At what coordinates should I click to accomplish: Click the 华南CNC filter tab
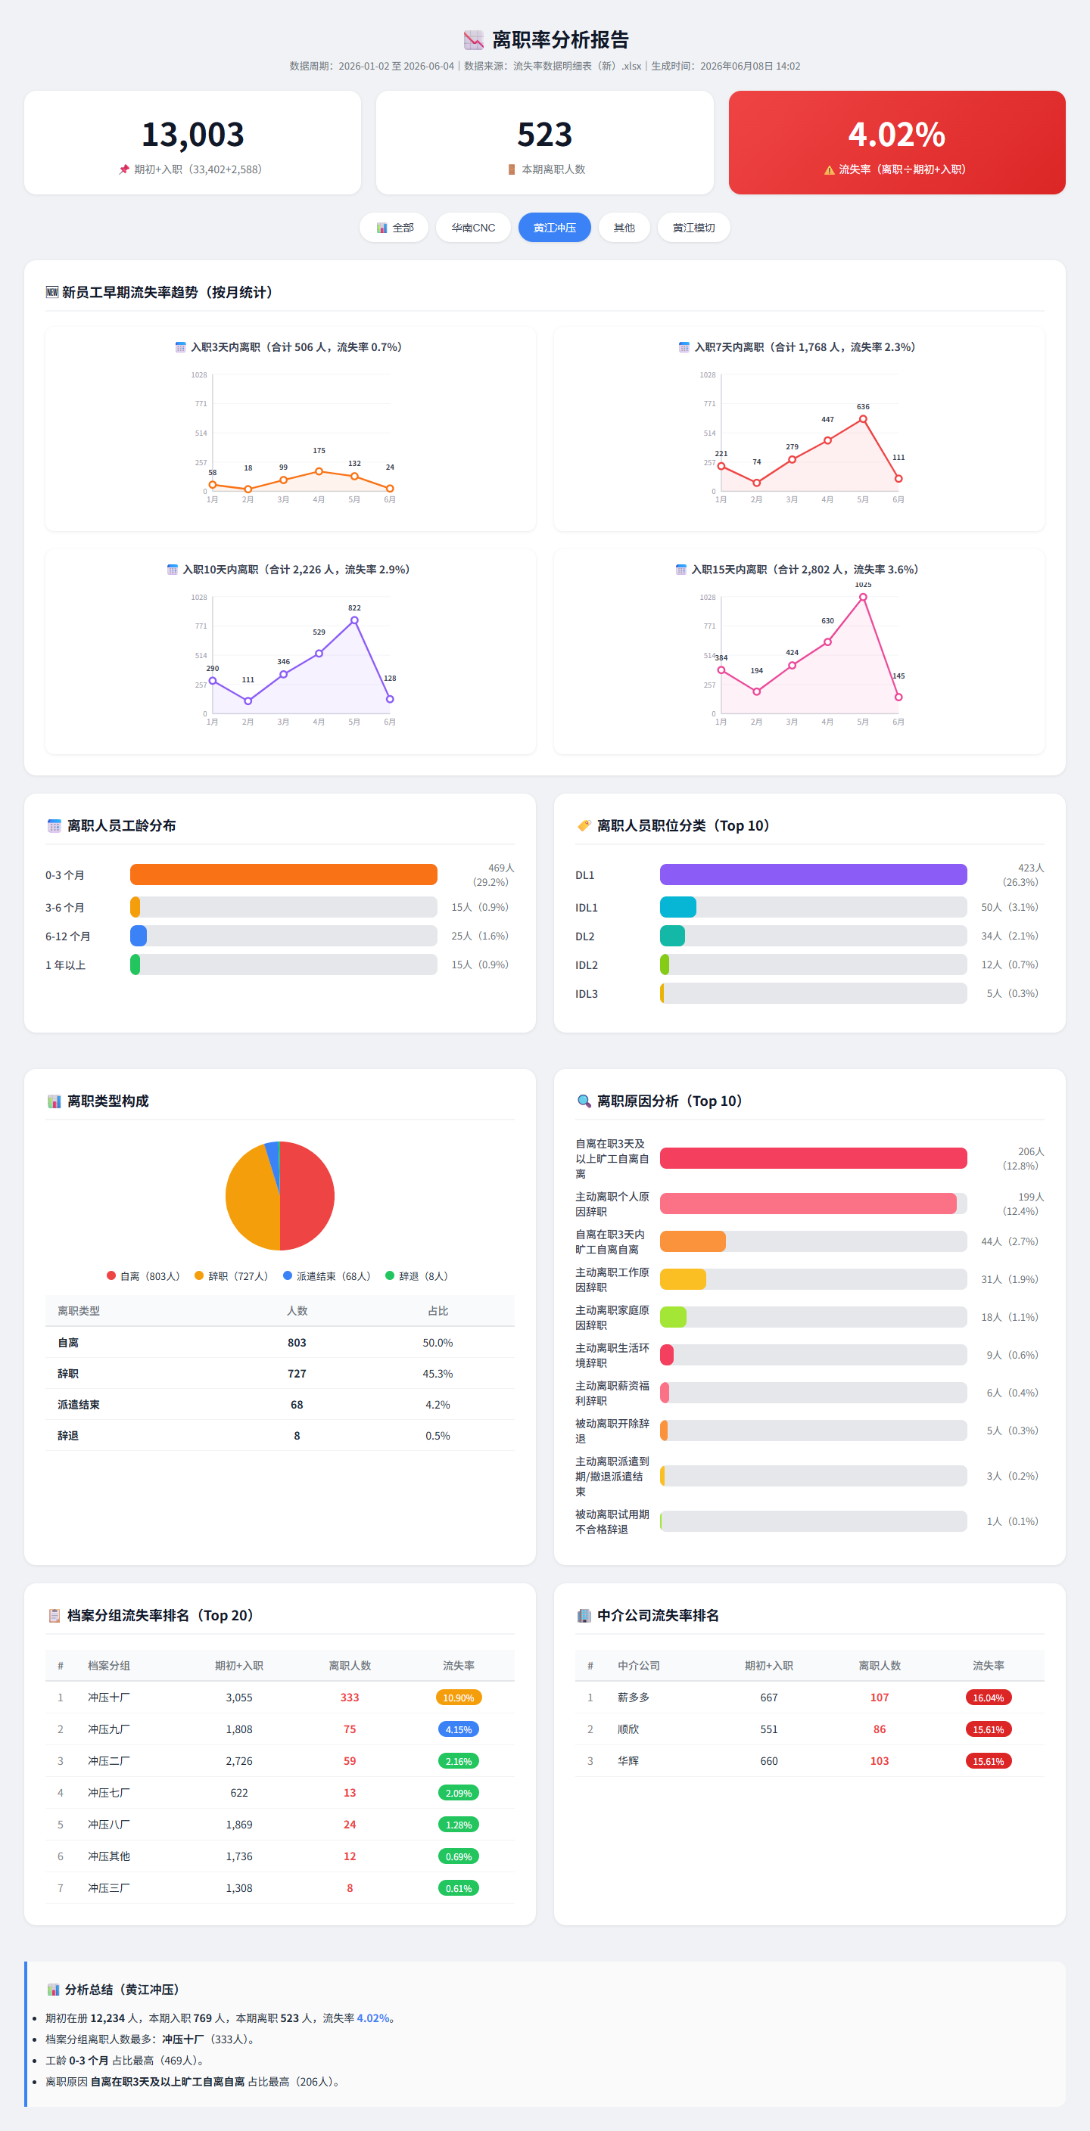pyautogui.click(x=472, y=228)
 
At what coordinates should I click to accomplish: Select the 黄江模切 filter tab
pyautogui.click(x=693, y=228)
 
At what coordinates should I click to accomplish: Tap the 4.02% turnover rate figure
pyautogui.click(x=896, y=135)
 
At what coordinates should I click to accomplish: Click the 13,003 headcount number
pyautogui.click(x=193, y=135)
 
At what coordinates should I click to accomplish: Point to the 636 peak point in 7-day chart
pyautogui.click(x=863, y=418)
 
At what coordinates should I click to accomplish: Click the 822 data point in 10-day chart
pyautogui.click(x=354, y=620)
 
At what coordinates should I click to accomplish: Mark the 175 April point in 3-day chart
pyautogui.click(x=319, y=471)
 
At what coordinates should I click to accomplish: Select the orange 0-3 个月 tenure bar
pyautogui.click(x=284, y=874)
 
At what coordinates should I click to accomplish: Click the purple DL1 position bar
pyautogui.click(x=814, y=874)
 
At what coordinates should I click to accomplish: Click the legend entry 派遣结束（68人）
pyautogui.click(x=327, y=1275)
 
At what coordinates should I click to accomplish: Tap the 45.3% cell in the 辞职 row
pyautogui.click(x=438, y=1373)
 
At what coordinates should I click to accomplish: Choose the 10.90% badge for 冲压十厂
pyautogui.click(x=459, y=1698)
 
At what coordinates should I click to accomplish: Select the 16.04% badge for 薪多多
pyautogui.click(x=989, y=1698)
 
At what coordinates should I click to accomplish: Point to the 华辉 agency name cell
pyautogui.click(x=628, y=1760)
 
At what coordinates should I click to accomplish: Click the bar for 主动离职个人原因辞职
pyautogui.click(x=808, y=1204)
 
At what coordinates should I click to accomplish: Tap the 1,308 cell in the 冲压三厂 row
pyautogui.click(x=239, y=1887)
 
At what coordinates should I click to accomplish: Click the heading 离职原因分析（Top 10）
pyautogui.click(x=670, y=1101)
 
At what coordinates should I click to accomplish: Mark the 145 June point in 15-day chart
pyautogui.click(x=898, y=697)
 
